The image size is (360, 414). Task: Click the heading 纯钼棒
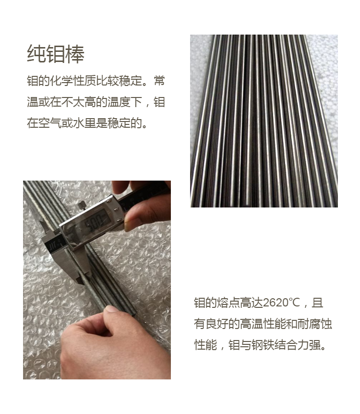[56, 54]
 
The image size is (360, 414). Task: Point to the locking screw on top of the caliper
[82, 205]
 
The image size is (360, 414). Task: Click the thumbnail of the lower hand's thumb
[112, 309]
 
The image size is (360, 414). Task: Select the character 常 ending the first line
[160, 81]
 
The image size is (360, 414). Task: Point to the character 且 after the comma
[317, 303]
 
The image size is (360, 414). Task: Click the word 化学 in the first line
[61, 81]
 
